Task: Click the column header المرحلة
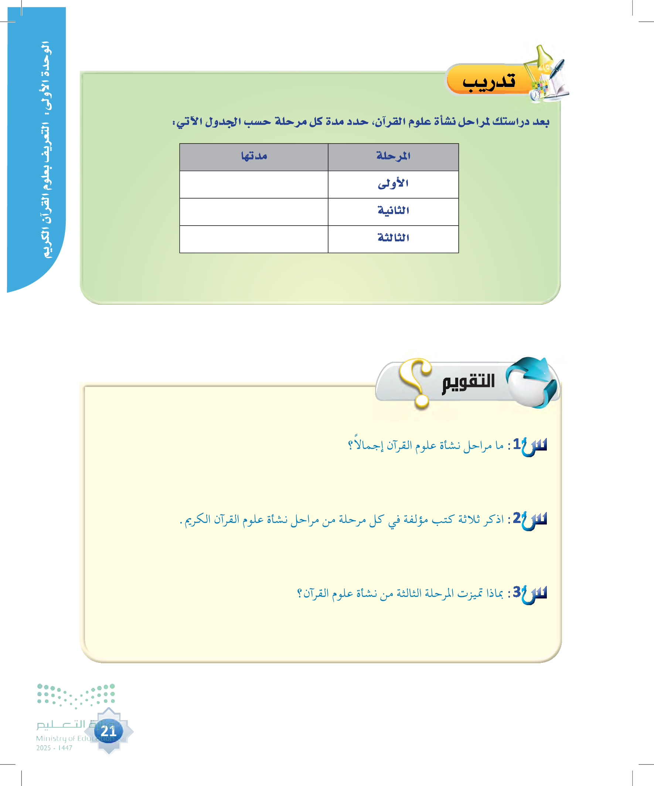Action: click(x=393, y=156)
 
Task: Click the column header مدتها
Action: click(x=254, y=156)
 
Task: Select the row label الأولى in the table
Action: click(x=393, y=184)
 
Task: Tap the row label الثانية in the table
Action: click(x=393, y=211)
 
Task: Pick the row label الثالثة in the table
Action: click(x=393, y=238)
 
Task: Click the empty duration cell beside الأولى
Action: click(x=253, y=185)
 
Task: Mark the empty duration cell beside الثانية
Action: click(x=253, y=212)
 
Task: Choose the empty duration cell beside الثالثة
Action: click(x=253, y=239)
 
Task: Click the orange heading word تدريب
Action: click(x=489, y=81)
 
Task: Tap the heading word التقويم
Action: click(x=468, y=382)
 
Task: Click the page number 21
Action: click(x=108, y=731)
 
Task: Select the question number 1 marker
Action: click(x=518, y=444)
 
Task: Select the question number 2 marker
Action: click(x=518, y=518)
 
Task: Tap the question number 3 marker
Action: click(x=518, y=593)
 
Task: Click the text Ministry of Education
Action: click(x=75, y=738)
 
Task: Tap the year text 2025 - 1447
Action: click(x=54, y=748)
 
